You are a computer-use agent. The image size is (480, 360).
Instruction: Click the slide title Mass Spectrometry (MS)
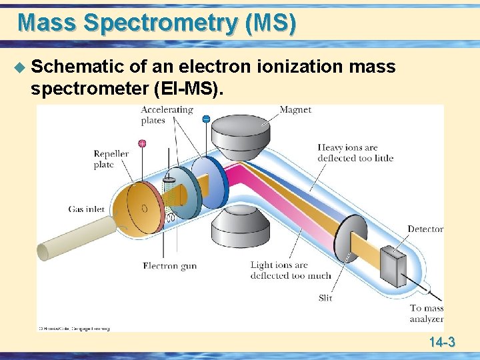pyautogui.click(x=157, y=23)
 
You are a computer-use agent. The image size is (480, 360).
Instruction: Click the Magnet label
pyautogui.click(x=295, y=109)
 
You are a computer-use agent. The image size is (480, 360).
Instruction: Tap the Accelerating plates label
pyautogui.click(x=167, y=115)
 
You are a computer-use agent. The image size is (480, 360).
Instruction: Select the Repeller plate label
pyautogui.click(x=111, y=159)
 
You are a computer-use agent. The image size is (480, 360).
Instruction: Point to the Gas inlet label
pyautogui.click(x=87, y=209)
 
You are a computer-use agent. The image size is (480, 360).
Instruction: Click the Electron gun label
pyautogui.click(x=169, y=265)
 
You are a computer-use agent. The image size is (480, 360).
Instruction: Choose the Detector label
pyautogui.click(x=425, y=229)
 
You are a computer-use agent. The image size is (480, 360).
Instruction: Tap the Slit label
pyautogui.click(x=325, y=298)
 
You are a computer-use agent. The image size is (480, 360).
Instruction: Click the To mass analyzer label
pyautogui.click(x=427, y=313)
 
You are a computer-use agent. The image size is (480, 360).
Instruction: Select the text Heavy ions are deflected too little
pyautogui.click(x=355, y=153)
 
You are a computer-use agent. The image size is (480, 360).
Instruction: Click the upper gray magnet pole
pyautogui.click(x=239, y=137)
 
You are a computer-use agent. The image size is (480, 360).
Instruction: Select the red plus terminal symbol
pyautogui.click(x=142, y=143)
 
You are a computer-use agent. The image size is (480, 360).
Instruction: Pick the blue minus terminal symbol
pyautogui.click(x=206, y=119)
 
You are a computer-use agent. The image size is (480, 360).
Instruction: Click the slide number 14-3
pyautogui.click(x=442, y=343)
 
